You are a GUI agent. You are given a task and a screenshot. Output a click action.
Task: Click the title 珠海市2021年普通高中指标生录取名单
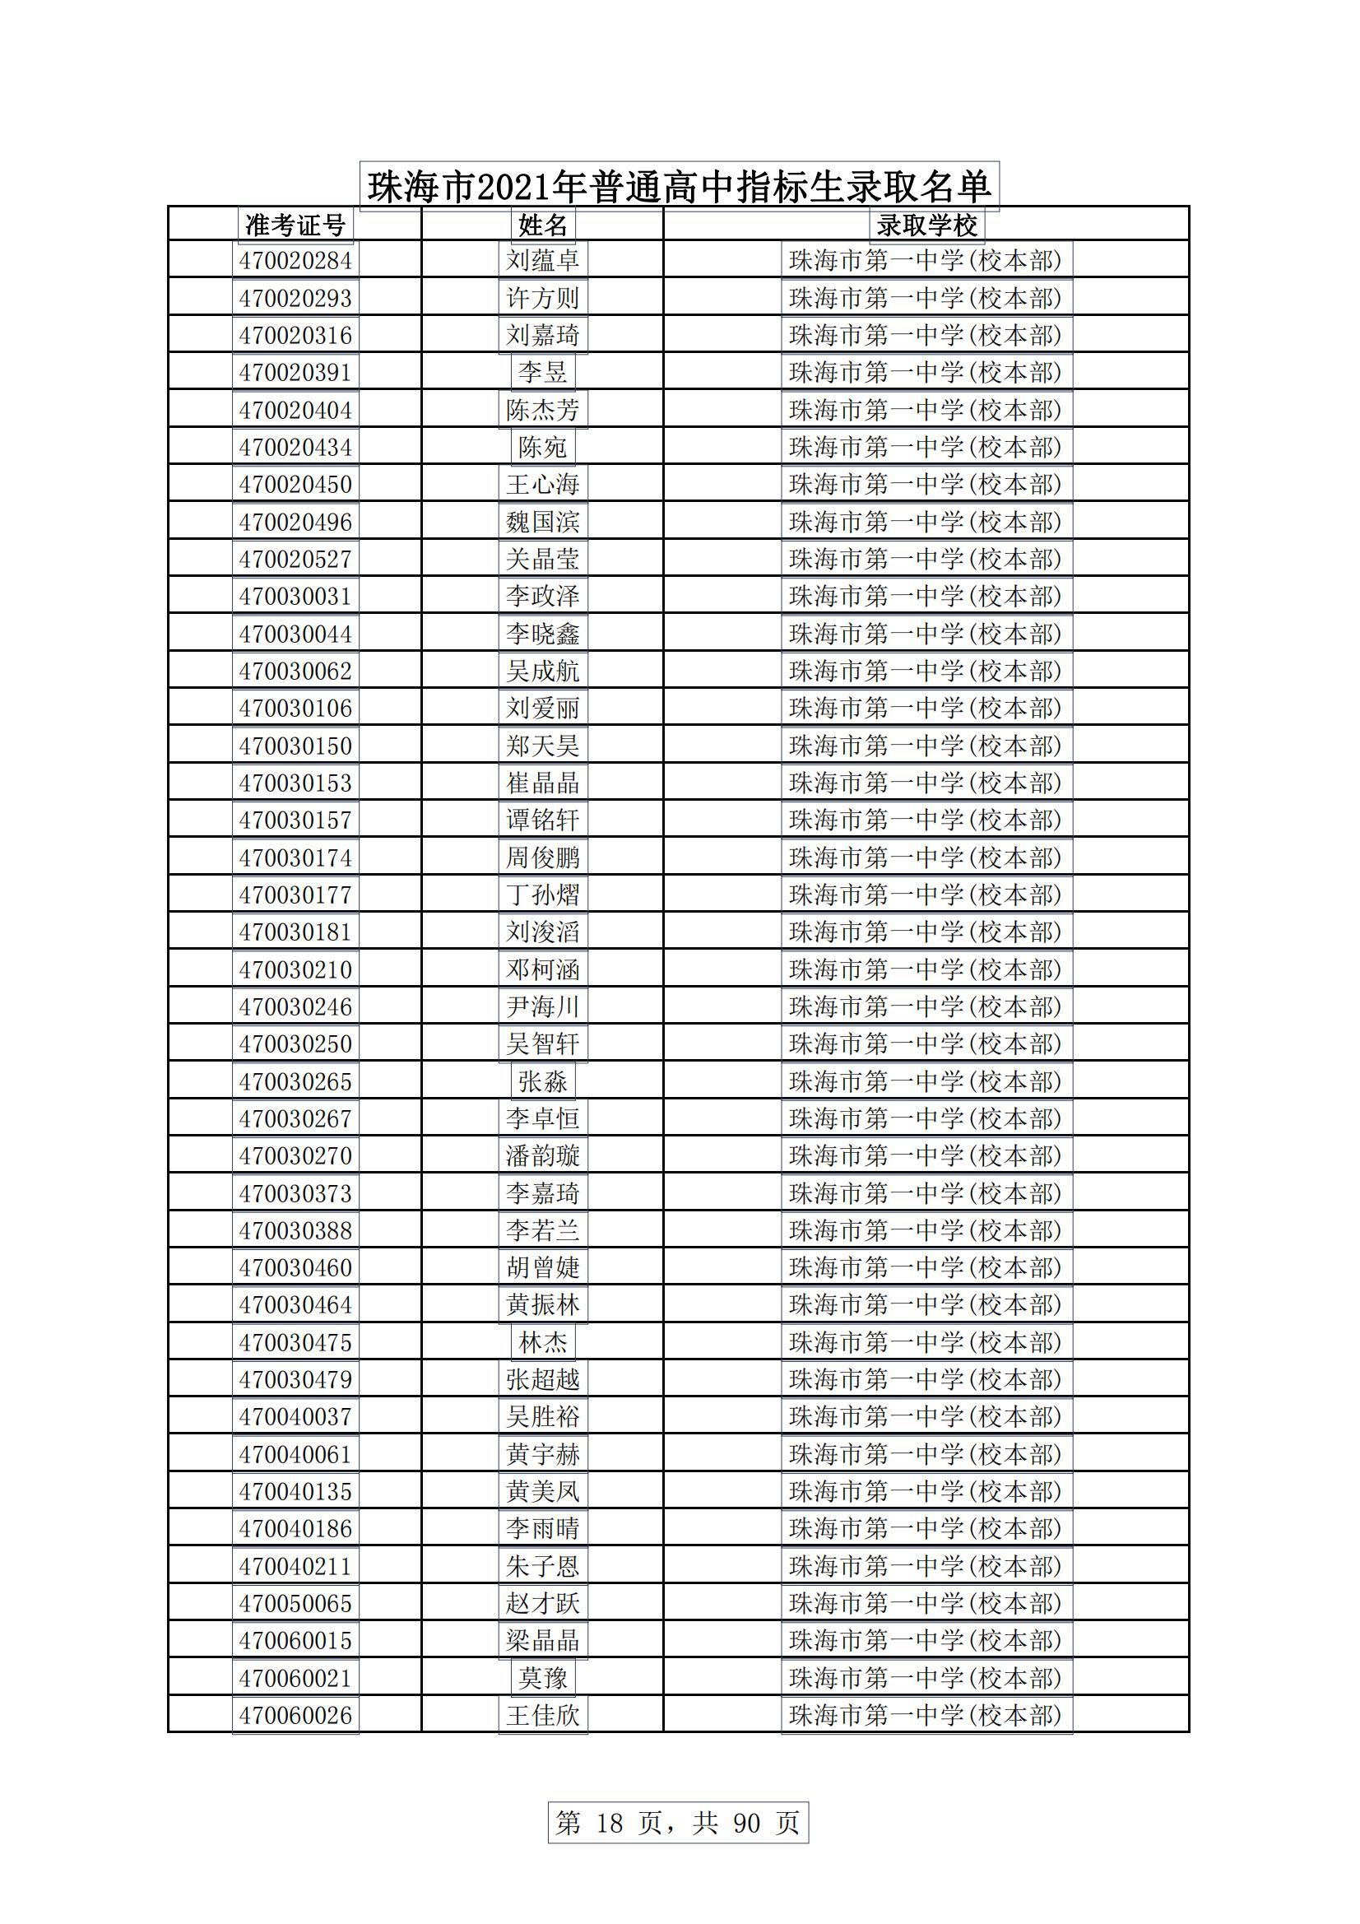[x=679, y=186]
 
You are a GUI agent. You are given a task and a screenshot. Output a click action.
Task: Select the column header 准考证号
[x=295, y=225]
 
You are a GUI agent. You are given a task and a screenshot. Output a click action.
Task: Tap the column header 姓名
[x=543, y=225]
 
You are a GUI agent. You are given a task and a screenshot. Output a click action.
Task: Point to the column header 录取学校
[x=926, y=225]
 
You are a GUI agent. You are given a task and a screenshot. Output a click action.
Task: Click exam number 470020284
[x=295, y=261]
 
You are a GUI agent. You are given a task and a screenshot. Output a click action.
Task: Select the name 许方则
[x=543, y=299]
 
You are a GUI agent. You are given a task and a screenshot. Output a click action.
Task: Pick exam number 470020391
[x=295, y=372]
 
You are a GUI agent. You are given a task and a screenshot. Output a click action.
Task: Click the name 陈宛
[x=543, y=448]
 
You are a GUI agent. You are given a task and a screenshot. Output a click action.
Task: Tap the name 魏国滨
[x=543, y=522]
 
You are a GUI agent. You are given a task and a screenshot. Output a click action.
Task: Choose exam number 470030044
[x=295, y=634]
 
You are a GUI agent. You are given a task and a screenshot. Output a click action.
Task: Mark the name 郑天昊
[x=543, y=746]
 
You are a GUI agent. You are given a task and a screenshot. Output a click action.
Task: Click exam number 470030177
[x=295, y=895]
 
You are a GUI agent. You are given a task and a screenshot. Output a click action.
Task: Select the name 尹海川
[x=543, y=1006]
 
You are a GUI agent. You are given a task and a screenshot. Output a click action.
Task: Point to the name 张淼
[x=543, y=1081]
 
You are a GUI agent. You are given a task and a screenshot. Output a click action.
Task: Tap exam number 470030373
[x=295, y=1193]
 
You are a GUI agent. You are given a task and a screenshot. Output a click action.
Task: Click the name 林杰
[x=543, y=1342]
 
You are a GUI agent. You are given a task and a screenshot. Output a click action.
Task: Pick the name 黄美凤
[x=543, y=1492]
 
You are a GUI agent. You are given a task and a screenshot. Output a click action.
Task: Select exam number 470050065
[x=295, y=1603]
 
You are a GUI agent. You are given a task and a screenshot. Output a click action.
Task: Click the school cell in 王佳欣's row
[x=926, y=1715]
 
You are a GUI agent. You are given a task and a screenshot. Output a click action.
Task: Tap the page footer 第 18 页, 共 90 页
[x=678, y=1823]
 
